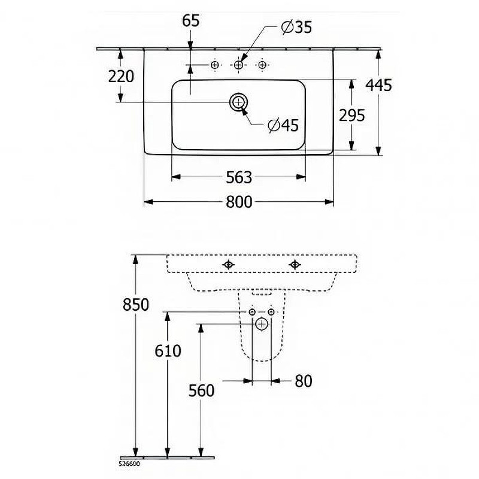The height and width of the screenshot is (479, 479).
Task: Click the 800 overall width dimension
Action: pyautogui.click(x=239, y=202)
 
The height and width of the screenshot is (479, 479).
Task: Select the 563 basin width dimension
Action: pyautogui.click(x=239, y=177)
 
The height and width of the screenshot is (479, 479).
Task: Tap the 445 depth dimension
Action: pyautogui.click(x=379, y=85)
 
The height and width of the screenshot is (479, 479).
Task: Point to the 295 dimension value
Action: pyautogui.click(x=352, y=115)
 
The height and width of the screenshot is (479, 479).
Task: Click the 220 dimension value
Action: pyautogui.click(x=121, y=77)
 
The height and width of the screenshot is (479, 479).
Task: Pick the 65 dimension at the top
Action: pyautogui.click(x=191, y=21)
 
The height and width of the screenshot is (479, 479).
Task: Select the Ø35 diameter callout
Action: pyautogui.click(x=296, y=27)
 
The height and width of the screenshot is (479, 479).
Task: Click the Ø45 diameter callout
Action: pyautogui.click(x=283, y=125)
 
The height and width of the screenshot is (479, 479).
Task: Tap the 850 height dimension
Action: pyautogui.click(x=136, y=305)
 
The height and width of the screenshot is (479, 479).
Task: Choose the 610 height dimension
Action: pyautogui.click(x=168, y=351)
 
